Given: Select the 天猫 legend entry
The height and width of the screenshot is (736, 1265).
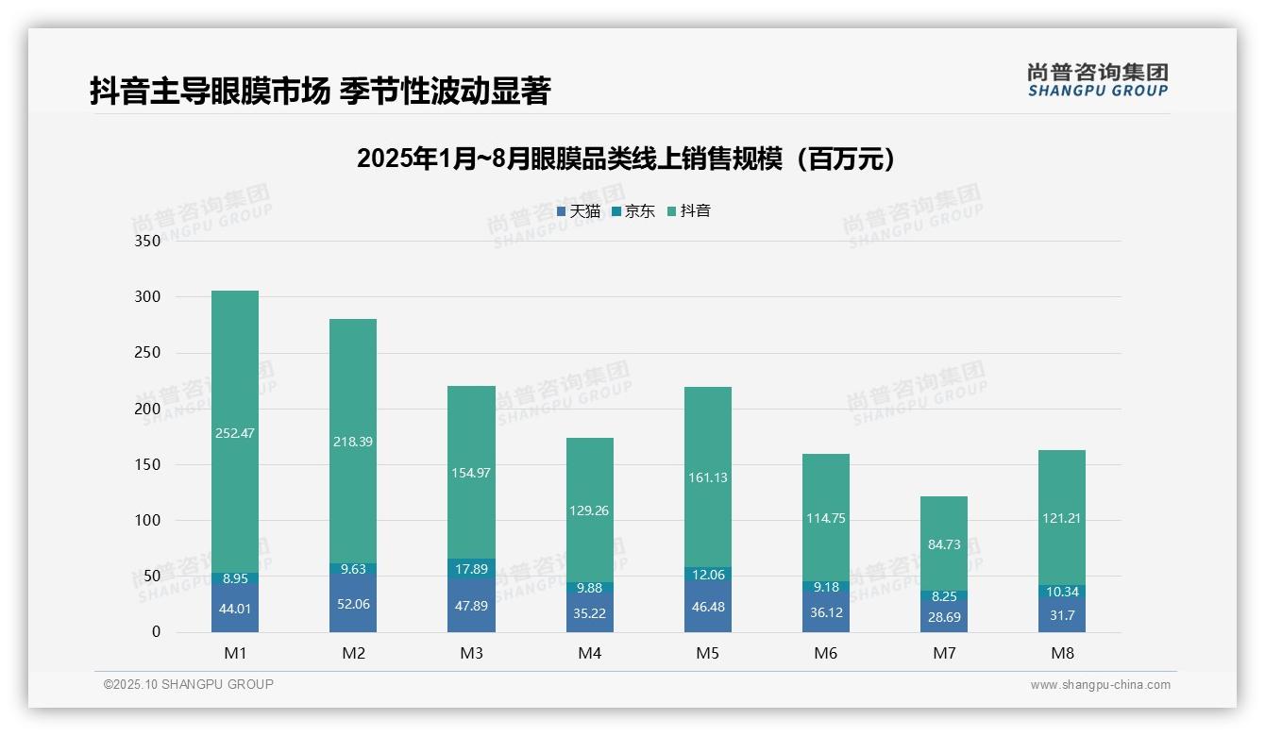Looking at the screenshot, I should pyautogui.click(x=578, y=211).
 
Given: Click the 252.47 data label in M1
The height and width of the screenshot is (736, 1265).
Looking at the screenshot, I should pyautogui.click(x=235, y=433).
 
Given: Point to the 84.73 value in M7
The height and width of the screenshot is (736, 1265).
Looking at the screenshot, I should pyautogui.click(x=944, y=544).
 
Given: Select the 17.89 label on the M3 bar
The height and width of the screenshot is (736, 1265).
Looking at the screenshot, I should pyautogui.click(x=471, y=569).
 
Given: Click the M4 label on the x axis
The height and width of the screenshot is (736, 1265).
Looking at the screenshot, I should pyautogui.click(x=589, y=653).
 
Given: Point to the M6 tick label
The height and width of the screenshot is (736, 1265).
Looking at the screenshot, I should pyautogui.click(x=825, y=653).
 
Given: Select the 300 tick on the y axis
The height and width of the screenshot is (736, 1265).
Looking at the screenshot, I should pyautogui.click(x=148, y=297).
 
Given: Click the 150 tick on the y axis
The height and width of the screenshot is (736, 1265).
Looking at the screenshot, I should pyautogui.click(x=148, y=465).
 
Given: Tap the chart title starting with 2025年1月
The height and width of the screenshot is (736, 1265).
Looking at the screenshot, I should pyautogui.click(x=626, y=159).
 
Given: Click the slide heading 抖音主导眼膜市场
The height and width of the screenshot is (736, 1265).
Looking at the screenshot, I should pyautogui.click(x=320, y=91).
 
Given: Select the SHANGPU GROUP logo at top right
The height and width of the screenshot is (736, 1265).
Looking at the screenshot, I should pyautogui.click(x=1097, y=80).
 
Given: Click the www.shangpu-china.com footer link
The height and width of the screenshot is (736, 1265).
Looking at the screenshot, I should pyautogui.click(x=1100, y=685).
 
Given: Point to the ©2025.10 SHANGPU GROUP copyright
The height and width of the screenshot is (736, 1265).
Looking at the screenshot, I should pyautogui.click(x=189, y=685).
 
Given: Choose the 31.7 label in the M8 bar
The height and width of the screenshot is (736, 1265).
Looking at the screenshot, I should pyautogui.click(x=1062, y=615).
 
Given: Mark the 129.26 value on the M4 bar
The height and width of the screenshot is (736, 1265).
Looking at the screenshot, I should pyautogui.click(x=589, y=510).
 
